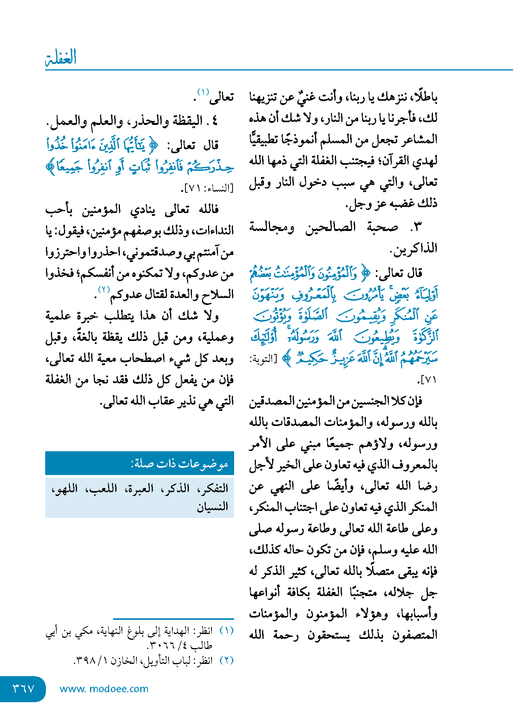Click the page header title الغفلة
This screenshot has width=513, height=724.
pyautogui.click(x=61, y=57)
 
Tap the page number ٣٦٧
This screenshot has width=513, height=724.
pyautogui.click(x=24, y=689)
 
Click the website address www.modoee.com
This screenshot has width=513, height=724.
pyautogui.click(x=104, y=689)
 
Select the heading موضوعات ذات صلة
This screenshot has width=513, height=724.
pyautogui.click(x=180, y=464)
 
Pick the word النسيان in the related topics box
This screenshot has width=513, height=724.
pyautogui.click(x=213, y=507)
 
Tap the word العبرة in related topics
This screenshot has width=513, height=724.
pyautogui.click(x=139, y=488)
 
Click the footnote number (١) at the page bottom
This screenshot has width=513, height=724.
pyautogui.click(x=226, y=631)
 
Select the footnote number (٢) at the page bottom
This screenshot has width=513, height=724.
pyautogui.click(x=226, y=660)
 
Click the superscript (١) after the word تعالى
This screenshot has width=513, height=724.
pyautogui.click(x=203, y=92)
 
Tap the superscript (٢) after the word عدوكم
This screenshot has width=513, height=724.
pyautogui.click(x=104, y=289)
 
